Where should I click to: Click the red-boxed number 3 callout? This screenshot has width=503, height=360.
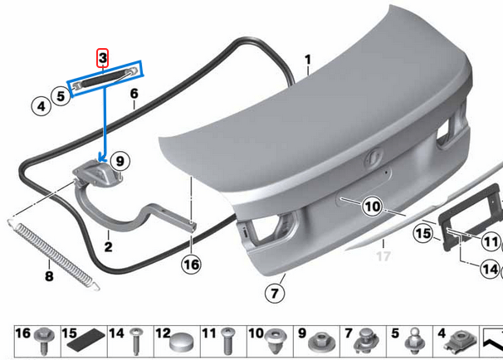102,57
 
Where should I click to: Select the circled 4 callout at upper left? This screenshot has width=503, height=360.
39,106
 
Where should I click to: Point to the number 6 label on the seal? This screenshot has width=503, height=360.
133,94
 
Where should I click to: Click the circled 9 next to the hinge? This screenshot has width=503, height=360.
119,159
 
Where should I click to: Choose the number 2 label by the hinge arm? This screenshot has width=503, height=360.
108,246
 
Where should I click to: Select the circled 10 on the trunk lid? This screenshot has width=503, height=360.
371,206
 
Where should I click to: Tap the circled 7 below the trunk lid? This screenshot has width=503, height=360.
275,293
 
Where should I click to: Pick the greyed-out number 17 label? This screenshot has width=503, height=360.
383,256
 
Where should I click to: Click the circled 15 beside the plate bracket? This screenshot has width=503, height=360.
424,234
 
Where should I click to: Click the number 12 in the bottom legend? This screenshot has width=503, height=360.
163,333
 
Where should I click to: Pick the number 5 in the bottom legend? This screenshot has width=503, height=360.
394,333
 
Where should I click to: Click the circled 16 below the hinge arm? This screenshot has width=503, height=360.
191,265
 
